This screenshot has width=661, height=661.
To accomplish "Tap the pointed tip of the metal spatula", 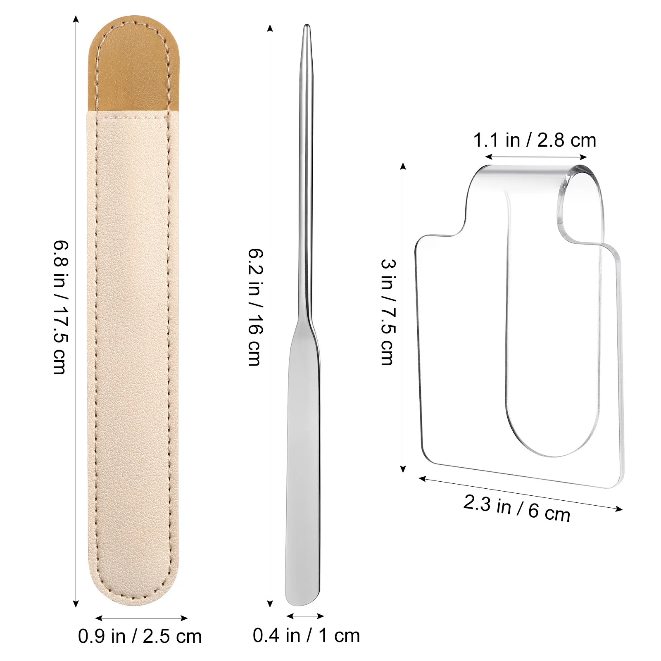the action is pyautogui.click(x=307, y=26).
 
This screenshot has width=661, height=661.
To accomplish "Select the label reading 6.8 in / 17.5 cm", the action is pyautogui.click(x=60, y=307).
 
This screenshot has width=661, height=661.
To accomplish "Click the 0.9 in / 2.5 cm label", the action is pyautogui.click(x=140, y=636).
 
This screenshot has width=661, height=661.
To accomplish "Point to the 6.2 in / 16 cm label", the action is pyautogui.click(x=255, y=307).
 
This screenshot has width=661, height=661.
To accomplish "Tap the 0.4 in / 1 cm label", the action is pyautogui.click(x=306, y=635).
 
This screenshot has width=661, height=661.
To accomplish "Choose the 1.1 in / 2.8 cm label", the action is pyautogui.click(x=535, y=140).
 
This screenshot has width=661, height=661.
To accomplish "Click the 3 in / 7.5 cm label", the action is pyautogui.click(x=388, y=312).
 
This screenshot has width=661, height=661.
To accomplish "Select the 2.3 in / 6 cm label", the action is pyautogui.click(x=517, y=509).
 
